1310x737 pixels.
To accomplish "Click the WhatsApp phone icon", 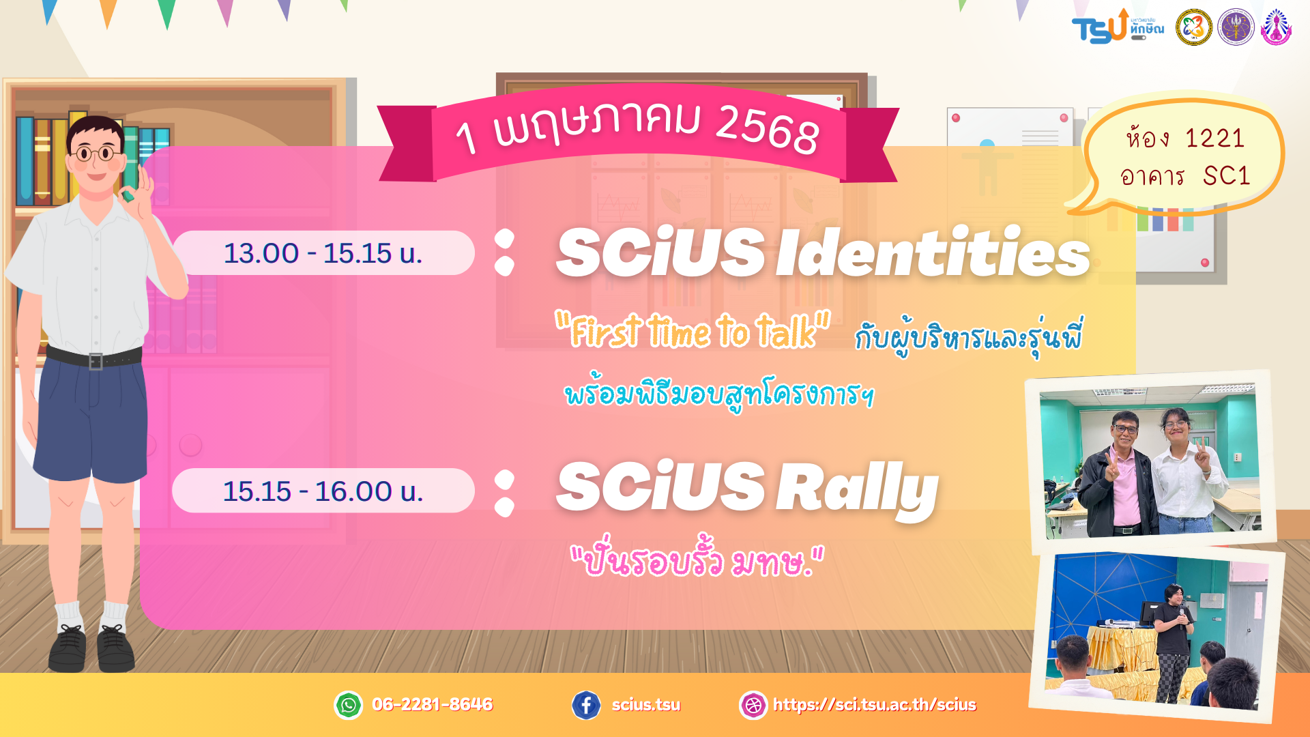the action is tap(349, 705).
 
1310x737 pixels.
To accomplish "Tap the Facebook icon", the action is tap(586, 705).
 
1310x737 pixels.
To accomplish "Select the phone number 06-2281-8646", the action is tap(433, 704).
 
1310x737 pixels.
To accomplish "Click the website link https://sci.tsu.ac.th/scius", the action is tap(875, 705).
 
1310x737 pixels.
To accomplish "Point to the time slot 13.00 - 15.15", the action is tap(323, 253).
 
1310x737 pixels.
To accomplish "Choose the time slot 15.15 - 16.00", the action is tap(323, 491).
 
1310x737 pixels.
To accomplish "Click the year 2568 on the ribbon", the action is tap(767, 129).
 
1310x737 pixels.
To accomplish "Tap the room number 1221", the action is tap(1215, 139).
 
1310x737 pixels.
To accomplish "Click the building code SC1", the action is tap(1226, 176).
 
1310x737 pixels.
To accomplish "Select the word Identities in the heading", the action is tap(933, 252).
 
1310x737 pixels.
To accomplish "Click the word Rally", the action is tap(858, 489).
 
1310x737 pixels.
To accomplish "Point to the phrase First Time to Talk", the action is tap(693, 331).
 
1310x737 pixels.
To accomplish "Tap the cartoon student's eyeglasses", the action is tap(96, 153).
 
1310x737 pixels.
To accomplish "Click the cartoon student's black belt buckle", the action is tap(96, 361).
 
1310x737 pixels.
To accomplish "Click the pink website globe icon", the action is tap(754, 705).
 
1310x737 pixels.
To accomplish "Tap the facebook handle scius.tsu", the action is tap(645, 705).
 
